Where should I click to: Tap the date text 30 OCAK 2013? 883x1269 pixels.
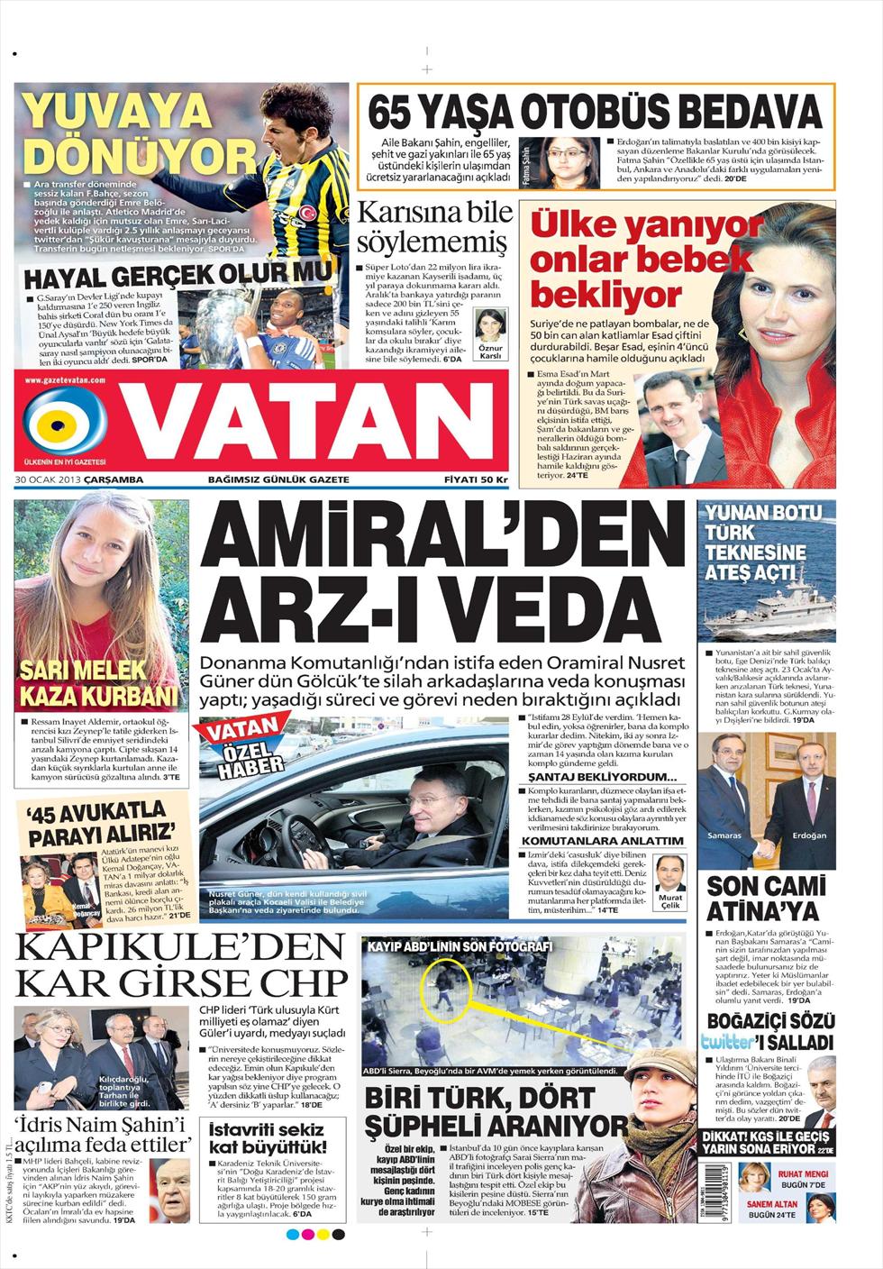click(48, 479)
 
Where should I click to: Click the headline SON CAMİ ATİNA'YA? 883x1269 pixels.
click(766, 896)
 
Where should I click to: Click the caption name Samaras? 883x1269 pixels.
click(725, 835)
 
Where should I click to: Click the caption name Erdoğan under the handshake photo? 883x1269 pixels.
click(808, 835)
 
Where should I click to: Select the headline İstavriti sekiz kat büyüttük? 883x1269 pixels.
click(268, 1138)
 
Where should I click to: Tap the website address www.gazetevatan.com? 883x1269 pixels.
click(65, 381)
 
